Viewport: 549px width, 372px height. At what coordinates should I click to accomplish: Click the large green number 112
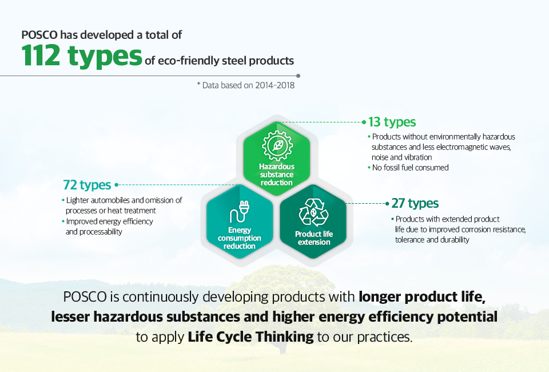(41, 56)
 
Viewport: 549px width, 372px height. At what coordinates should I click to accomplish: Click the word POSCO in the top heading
(39, 35)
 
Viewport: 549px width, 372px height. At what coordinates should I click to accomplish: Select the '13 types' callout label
(392, 122)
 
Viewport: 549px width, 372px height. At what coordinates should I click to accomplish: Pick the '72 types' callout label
(87, 185)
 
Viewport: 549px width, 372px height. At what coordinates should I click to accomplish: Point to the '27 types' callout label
(415, 203)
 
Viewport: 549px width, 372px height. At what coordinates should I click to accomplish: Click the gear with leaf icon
(277, 146)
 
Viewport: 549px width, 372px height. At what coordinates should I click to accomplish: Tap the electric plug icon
(240, 212)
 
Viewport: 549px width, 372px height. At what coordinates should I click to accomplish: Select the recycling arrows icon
(314, 212)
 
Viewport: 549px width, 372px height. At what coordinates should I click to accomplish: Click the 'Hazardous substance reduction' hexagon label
(277, 175)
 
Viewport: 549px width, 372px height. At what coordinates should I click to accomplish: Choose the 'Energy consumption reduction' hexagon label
(240, 238)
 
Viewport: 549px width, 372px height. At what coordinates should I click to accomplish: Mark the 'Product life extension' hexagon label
(314, 238)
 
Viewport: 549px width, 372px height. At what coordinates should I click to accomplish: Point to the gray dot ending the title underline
(299, 76)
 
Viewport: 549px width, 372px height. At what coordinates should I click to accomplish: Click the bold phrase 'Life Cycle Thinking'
(250, 337)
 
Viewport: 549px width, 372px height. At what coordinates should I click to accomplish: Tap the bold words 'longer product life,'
(422, 297)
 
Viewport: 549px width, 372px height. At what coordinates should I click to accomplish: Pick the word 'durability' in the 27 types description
(453, 240)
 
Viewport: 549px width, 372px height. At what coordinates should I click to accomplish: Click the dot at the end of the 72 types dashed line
(117, 185)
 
